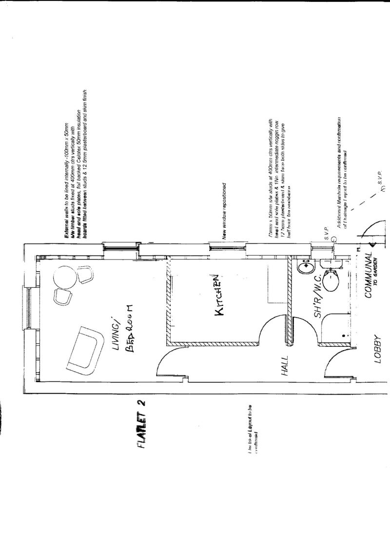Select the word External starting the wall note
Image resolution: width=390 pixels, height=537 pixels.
[x=66, y=225]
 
